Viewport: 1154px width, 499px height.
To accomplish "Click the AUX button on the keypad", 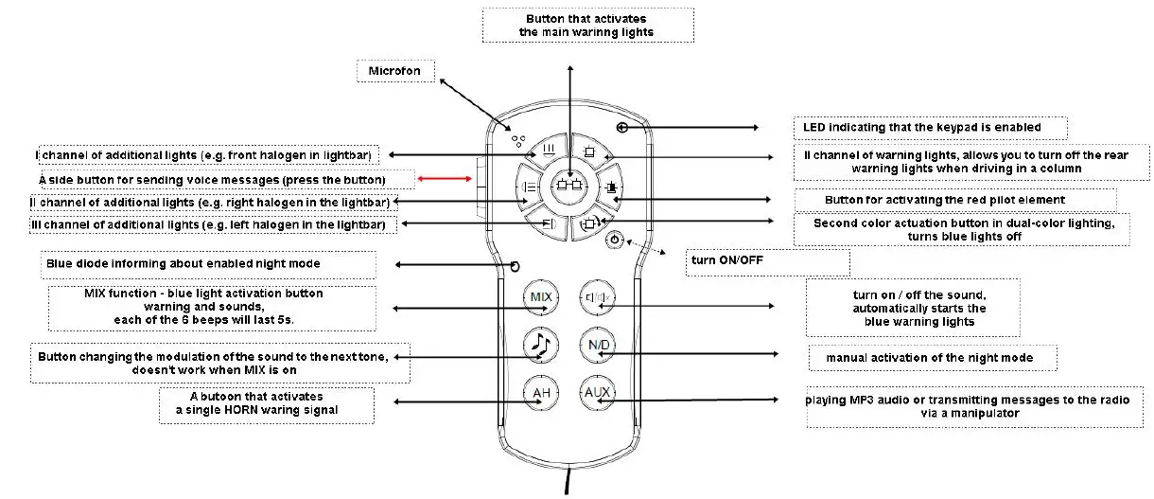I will [x=597, y=393].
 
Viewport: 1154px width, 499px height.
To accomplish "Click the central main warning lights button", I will [x=569, y=186].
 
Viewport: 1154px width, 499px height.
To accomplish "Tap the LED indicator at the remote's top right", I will [x=621, y=127].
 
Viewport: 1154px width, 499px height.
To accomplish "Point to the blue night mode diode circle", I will [x=516, y=265].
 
